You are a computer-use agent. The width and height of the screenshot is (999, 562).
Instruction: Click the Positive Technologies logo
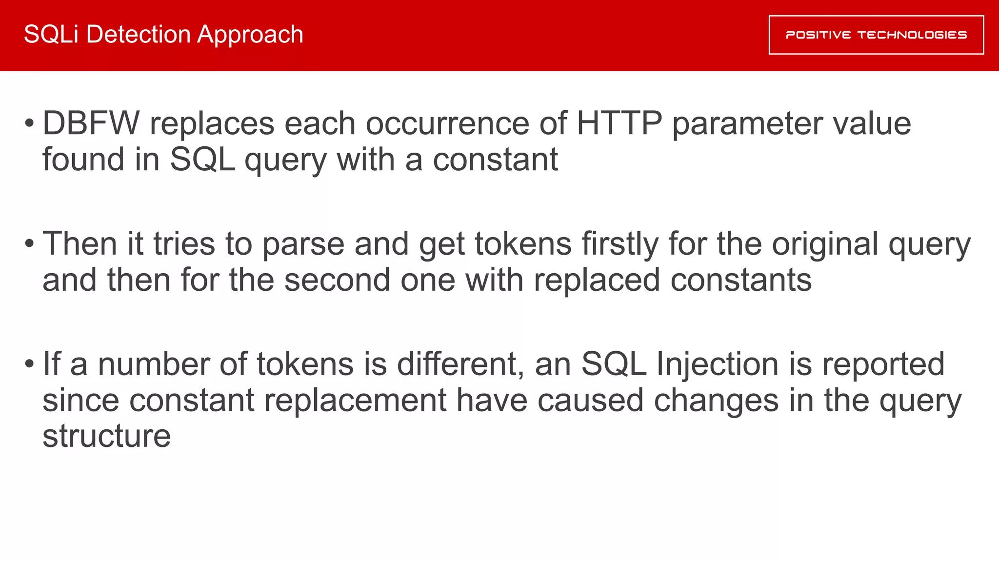(876, 35)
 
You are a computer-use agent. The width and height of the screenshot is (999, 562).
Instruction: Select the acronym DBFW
(91, 123)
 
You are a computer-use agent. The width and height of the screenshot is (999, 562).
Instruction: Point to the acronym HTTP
(619, 123)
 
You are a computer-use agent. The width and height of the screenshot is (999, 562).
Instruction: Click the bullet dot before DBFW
(29, 123)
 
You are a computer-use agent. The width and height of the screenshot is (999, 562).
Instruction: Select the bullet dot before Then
(29, 243)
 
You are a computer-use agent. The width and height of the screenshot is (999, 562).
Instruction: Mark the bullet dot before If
(29, 363)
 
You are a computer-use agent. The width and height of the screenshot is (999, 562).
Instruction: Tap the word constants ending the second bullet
(741, 280)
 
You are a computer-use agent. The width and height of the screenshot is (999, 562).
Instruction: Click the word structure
(107, 436)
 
